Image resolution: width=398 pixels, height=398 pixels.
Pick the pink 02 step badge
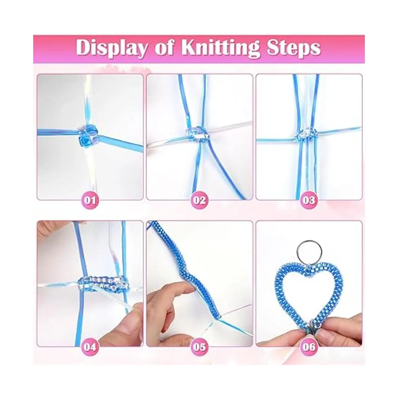click(x=200, y=200)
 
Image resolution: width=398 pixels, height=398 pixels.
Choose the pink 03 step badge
click(x=309, y=200)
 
